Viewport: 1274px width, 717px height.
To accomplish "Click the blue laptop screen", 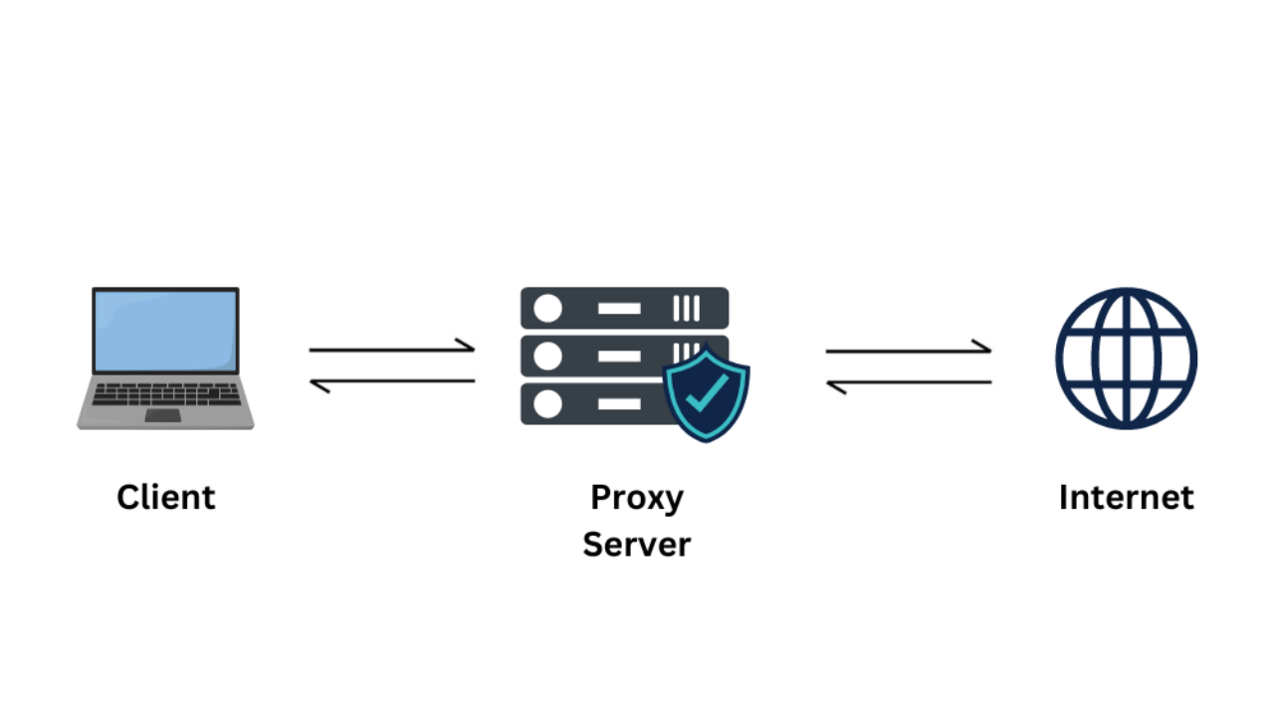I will pos(165,331).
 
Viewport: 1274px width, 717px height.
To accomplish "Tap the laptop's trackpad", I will pos(163,414).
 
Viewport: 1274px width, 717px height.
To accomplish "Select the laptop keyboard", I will pos(165,394).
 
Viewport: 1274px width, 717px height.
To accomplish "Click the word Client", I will pos(165,497).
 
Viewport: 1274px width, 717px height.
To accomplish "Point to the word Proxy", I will pos(636,497).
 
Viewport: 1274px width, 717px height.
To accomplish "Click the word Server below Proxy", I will pos(636,545).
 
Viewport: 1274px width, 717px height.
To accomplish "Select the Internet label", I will pos(1126,497).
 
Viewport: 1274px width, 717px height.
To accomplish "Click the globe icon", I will pos(1126,358).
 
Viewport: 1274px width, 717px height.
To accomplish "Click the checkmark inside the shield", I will pos(707,395).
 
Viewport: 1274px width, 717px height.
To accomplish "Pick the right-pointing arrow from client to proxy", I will pos(392,349).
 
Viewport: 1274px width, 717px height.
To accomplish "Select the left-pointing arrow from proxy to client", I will pos(392,382).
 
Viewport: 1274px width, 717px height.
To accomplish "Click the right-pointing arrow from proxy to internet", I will pos(908,350).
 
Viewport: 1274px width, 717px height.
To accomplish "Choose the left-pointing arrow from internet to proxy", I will pos(908,383).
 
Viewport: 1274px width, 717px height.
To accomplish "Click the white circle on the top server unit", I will pos(547,309).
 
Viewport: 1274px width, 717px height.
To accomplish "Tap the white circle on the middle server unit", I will pos(547,357).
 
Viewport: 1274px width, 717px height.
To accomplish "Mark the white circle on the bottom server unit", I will pos(547,403).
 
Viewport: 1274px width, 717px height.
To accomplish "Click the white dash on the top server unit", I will pos(619,309).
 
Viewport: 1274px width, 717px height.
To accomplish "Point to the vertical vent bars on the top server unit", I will pos(687,309).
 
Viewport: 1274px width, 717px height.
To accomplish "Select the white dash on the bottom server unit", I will pos(619,403).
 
